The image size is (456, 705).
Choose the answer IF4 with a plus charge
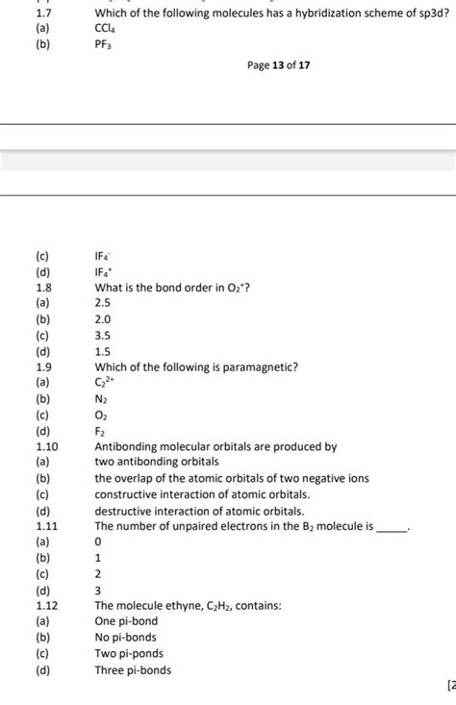point(104,272)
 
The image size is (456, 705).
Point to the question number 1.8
point(42,288)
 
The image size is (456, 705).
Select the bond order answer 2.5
point(103,303)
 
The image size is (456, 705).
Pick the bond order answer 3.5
point(103,335)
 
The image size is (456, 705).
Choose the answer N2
point(101,398)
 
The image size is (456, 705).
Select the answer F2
point(100,430)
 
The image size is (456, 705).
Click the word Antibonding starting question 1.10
point(128,446)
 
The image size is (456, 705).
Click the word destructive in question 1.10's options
point(125,510)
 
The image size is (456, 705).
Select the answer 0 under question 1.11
point(98,541)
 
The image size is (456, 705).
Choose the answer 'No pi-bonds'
point(126,637)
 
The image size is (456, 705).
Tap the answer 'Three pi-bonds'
point(133,668)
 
